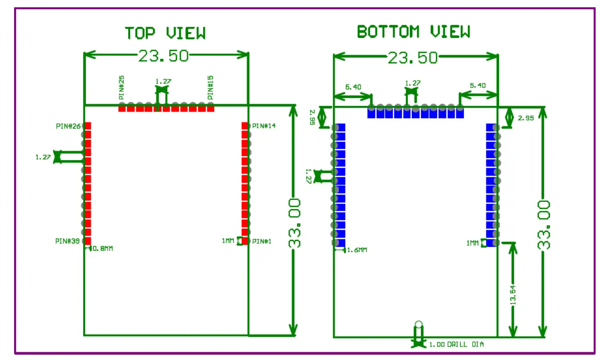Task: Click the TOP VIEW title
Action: coord(165,33)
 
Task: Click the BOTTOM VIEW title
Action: coord(413,32)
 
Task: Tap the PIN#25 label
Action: coord(121,88)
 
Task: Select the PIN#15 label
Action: coord(211,88)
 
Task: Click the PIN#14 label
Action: coord(264,126)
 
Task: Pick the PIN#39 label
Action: coord(67,241)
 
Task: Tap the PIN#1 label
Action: coord(262,241)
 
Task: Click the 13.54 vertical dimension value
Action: coord(512,293)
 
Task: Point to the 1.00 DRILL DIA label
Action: coord(456,344)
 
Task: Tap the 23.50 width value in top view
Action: coord(163,56)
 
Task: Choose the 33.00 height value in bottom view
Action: coord(544,224)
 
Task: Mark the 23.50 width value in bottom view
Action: coord(413,58)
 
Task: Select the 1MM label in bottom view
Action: coord(472,242)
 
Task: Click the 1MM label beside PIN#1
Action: coord(228,241)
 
